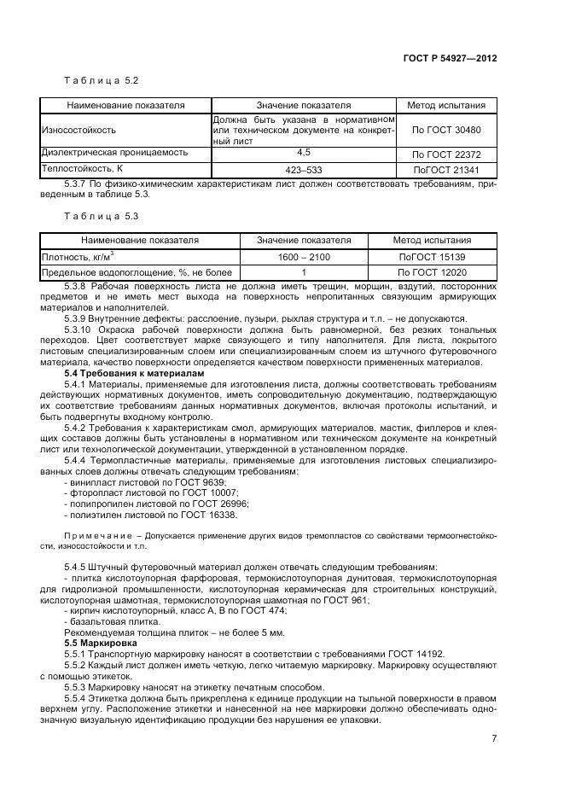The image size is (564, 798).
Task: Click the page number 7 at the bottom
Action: pos(494,739)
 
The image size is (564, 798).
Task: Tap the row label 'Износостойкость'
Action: pos(78,130)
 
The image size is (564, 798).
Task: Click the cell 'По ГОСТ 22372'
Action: pos(446,154)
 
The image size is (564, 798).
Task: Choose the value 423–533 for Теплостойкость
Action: pos(303,168)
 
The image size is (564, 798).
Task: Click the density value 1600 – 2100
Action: pos(304,256)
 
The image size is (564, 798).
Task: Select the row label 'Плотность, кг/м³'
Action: pos(78,256)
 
